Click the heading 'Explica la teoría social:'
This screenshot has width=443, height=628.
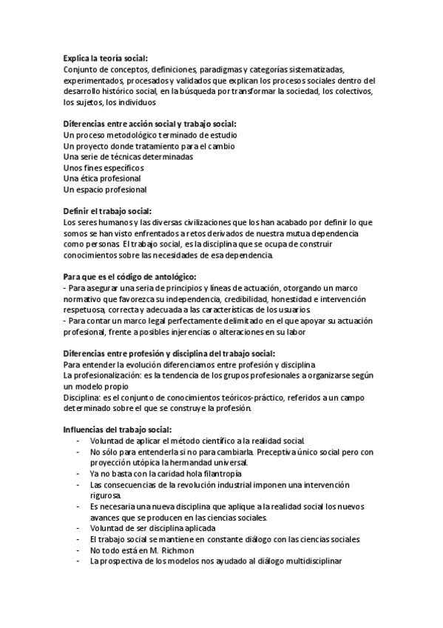tap(105, 57)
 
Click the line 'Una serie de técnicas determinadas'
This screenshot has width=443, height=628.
tap(128, 158)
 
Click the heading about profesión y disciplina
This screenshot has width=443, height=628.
tap(169, 353)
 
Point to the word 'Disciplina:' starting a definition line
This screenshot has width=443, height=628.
tap(84, 398)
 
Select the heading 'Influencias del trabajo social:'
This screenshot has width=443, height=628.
tap(117, 430)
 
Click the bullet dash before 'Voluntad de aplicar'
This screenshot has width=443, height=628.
tap(78, 441)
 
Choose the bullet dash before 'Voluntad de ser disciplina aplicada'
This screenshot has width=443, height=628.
tap(78, 529)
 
